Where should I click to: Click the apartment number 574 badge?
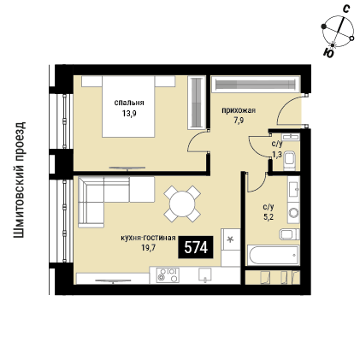click(196, 247)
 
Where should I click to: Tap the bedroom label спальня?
click(129, 103)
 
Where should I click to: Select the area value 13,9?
click(129, 114)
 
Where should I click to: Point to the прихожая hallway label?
click(239, 110)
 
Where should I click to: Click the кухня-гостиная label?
click(148, 238)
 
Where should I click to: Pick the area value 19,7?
click(148, 247)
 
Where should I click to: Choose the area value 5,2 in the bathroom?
click(269, 217)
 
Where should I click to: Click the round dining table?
click(182, 204)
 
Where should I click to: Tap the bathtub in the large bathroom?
click(274, 255)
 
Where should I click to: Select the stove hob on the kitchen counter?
click(168, 275)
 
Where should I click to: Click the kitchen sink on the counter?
click(205, 274)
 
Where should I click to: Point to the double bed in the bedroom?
click(128, 106)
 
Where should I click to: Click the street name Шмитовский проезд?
click(20, 180)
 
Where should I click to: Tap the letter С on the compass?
click(345, 9)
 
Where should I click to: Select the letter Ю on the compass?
click(328, 53)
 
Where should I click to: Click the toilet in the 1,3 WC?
click(291, 160)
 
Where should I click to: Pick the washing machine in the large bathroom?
click(293, 212)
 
